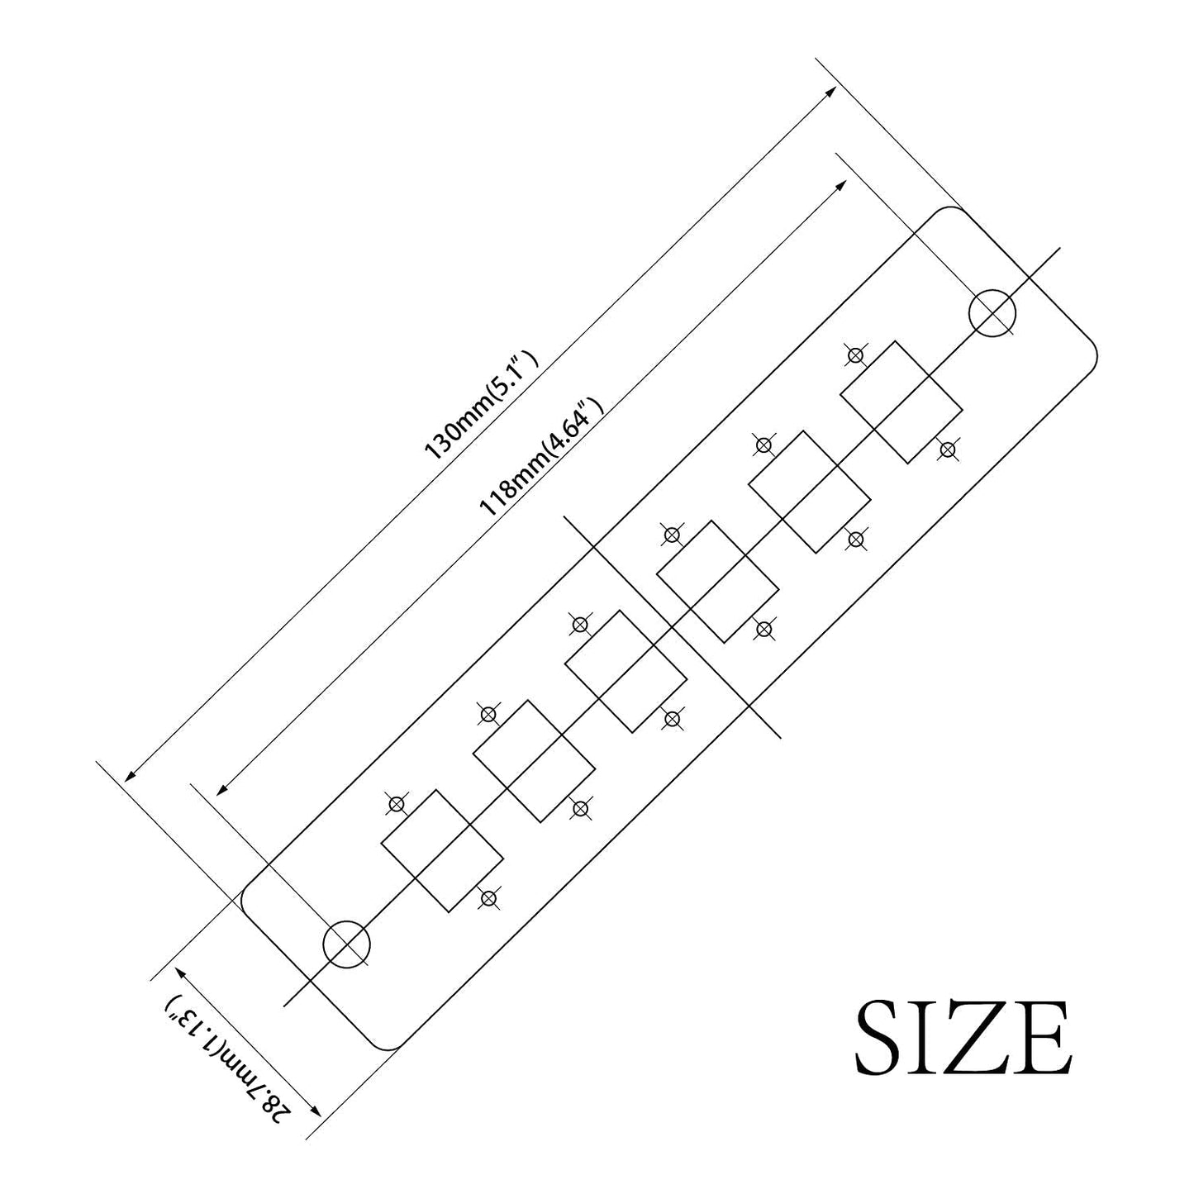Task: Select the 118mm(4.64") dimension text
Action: [542, 457]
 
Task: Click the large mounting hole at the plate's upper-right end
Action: [992, 291]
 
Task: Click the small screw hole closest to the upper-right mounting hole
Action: [856, 355]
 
